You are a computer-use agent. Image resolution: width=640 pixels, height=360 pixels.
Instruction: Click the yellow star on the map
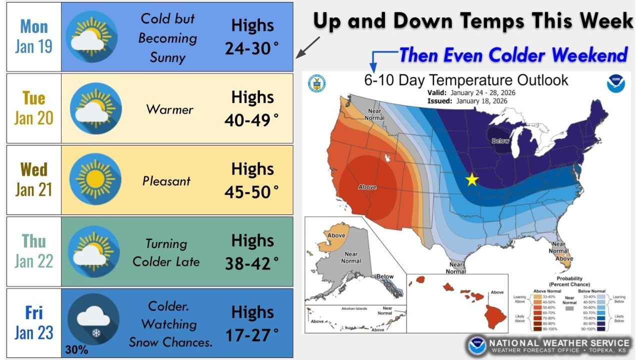coord(471,179)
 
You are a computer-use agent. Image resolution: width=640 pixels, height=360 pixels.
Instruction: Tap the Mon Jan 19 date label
coord(34,36)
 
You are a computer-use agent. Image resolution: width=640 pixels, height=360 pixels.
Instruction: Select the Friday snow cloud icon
coord(92,319)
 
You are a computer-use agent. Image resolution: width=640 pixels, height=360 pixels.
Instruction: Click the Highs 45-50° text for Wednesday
coord(252,180)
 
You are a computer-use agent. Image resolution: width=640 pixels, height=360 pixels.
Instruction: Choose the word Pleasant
coord(166,180)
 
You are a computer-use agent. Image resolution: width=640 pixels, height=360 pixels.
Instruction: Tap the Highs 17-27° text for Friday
coord(252,323)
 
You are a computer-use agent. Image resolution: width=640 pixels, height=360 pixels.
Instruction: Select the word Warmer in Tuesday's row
coord(169,109)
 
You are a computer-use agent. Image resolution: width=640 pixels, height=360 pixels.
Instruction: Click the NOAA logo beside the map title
coord(615,83)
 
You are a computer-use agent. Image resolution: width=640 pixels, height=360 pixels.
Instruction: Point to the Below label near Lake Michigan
coord(500,141)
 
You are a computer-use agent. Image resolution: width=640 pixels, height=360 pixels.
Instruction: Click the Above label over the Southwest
coord(367,187)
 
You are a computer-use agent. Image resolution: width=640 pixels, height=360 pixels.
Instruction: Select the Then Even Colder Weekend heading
coord(512,55)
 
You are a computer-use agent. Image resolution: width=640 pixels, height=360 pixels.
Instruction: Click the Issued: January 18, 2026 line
coord(467,101)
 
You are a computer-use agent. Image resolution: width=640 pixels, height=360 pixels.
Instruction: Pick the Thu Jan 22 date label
coord(34,251)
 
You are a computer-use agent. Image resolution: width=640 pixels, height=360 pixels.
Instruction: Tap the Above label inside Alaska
coord(336,235)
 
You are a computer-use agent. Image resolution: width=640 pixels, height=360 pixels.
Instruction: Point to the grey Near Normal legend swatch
coord(569,309)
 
